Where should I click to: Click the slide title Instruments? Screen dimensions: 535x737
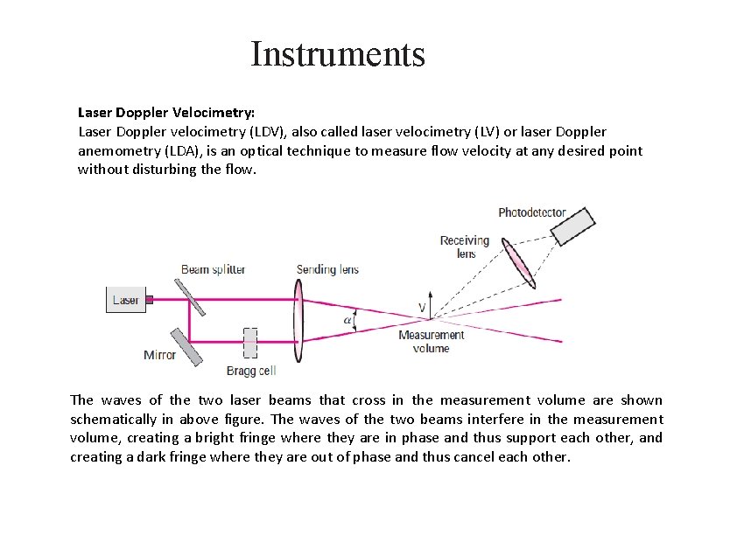coord(338,54)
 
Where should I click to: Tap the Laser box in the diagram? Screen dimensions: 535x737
coord(125,300)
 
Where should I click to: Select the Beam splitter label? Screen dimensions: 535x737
coord(214,269)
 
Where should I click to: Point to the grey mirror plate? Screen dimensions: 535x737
coord(186,345)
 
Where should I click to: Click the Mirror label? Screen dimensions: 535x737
coord(159,355)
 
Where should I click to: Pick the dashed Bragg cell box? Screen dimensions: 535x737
coord(250,343)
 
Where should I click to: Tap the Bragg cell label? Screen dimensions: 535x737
coord(251,371)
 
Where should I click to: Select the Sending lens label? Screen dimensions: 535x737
coord(327,269)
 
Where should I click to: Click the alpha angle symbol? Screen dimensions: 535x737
coord(347,320)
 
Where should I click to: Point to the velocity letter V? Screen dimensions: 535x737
coord(422,307)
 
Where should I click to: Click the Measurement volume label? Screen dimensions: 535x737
coord(431,341)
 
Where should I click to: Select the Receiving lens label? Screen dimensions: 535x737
coord(465,247)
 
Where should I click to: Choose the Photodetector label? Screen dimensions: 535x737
coord(532,212)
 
